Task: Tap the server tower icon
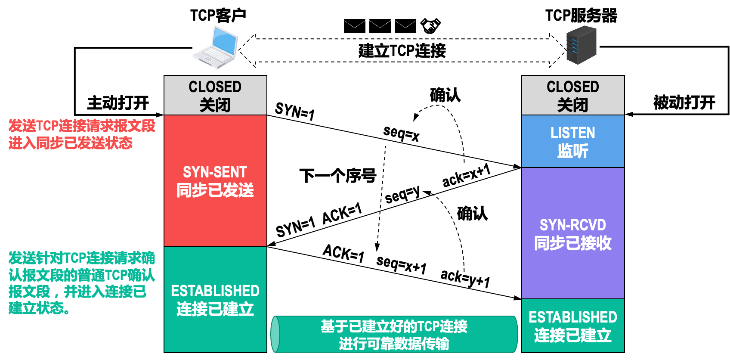[581, 45]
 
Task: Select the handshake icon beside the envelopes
[430, 26]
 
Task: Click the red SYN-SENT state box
[215, 181]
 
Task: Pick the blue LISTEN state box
[573, 141]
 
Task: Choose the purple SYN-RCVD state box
[573, 233]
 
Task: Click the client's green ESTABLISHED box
[215, 300]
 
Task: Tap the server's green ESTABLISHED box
[573, 326]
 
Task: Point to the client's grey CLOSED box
[215, 95]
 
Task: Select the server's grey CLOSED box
[573, 95]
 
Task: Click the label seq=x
[401, 133]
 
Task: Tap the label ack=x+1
[467, 175]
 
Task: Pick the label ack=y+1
[465, 278]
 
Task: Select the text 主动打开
[118, 103]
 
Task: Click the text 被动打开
[684, 103]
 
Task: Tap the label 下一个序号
[338, 176]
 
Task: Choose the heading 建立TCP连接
[402, 51]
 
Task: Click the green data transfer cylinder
[394, 335]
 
